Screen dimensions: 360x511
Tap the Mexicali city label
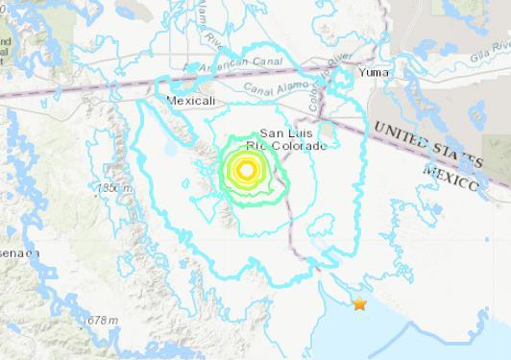tap(185, 100)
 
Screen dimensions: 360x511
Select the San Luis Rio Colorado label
tap(294, 139)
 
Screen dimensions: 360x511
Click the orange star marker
tap(359, 304)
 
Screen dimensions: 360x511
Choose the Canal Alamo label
tap(273, 94)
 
